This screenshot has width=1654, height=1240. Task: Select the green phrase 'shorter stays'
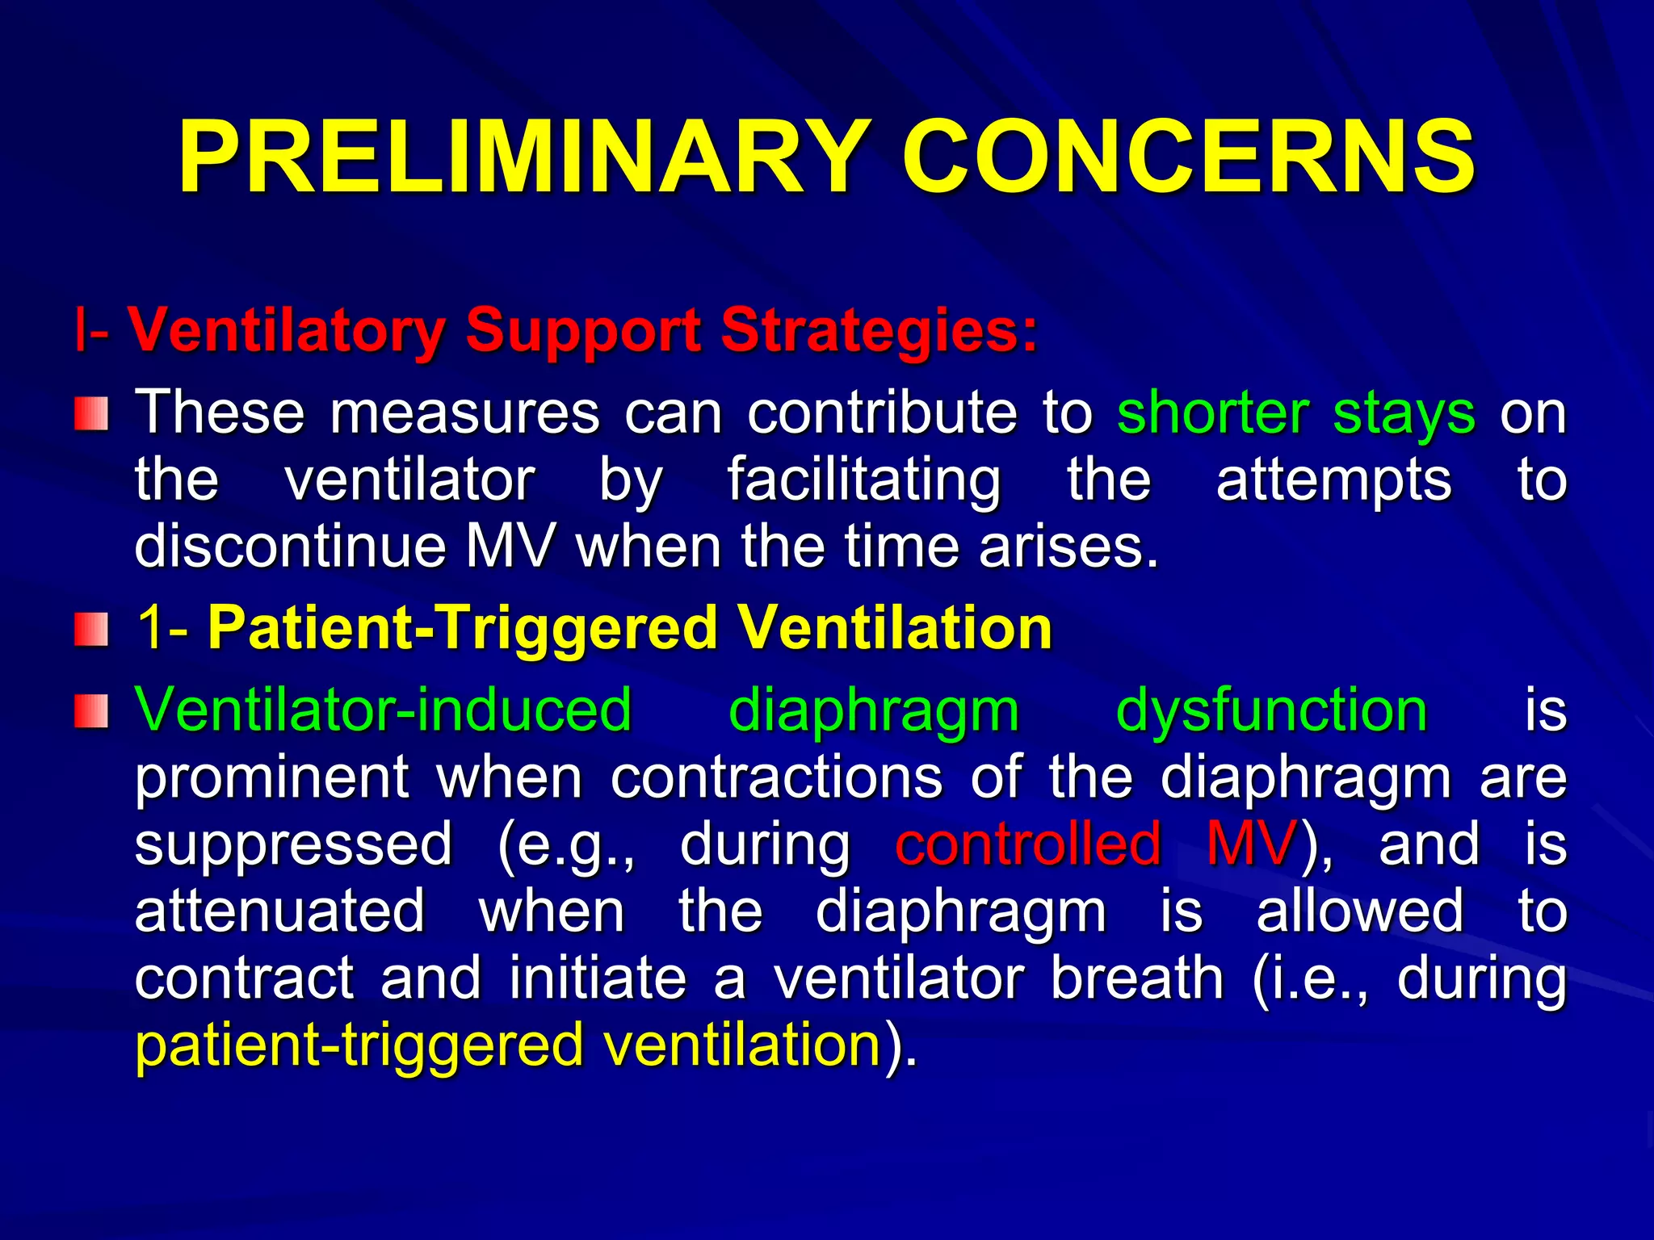point(1296,413)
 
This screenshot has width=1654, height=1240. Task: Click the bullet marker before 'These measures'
point(92,413)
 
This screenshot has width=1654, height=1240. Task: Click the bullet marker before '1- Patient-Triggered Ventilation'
point(92,629)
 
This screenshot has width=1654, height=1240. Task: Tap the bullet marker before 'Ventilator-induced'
point(92,711)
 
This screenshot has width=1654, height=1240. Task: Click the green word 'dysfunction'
point(1271,711)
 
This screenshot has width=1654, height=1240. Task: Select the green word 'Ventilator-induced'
point(383,711)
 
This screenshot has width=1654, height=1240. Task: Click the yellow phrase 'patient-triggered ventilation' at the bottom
point(508,1045)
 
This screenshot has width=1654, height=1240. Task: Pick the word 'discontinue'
point(290,547)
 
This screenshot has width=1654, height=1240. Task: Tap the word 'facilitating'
point(863,480)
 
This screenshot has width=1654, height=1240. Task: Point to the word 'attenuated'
point(279,911)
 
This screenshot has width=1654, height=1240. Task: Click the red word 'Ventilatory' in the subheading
point(286,330)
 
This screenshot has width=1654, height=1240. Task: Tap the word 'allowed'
point(1360,911)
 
